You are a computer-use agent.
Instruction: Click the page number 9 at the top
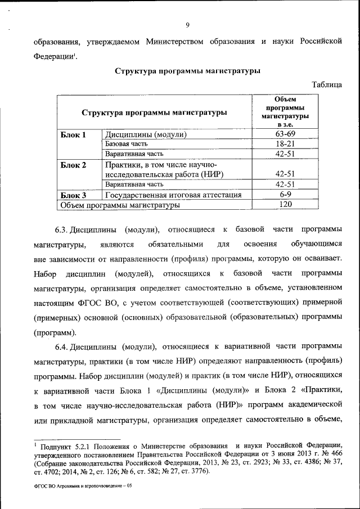click(187, 24)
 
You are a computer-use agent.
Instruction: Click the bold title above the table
click(187, 71)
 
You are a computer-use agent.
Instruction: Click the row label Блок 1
click(73, 134)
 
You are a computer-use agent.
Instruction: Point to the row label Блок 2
click(73, 165)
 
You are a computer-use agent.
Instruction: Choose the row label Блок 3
click(73, 195)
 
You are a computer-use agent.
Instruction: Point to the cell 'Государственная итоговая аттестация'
click(174, 195)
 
